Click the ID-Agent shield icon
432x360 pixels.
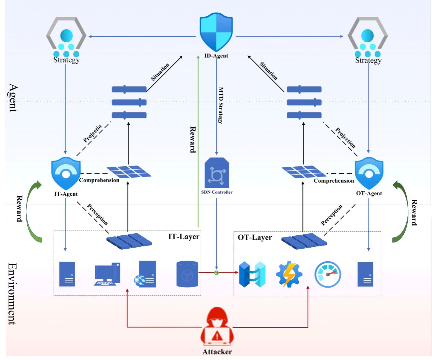tap(216, 32)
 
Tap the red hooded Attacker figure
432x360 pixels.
tap(217, 327)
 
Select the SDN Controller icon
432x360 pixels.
tap(217, 173)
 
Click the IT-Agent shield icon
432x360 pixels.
tap(66, 173)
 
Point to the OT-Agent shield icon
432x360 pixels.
tap(369, 173)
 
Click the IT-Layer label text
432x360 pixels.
tap(184, 237)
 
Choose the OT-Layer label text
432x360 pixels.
tap(255, 237)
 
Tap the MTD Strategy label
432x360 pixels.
tap(221, 105)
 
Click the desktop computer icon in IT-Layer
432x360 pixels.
tap(107, 274)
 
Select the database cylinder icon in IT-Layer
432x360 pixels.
tap(187, 274)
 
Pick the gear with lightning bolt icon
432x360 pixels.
tap(289, 274)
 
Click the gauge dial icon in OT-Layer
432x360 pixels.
tap(327, 274)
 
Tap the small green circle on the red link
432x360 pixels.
tap(216, 273)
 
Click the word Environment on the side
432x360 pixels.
tap(12, 294)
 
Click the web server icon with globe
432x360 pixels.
tap(145, 274)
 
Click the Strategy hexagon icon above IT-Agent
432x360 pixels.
tap(66, 37)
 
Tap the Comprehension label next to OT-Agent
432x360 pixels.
tap(334, 181)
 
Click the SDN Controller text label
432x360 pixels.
tap(217, 192)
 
